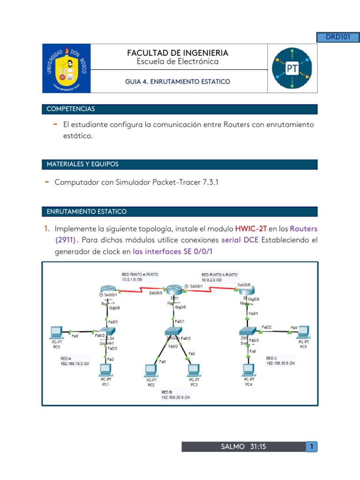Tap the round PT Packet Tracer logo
click(x=292, y=68)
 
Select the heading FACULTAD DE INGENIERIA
click(x=178, y=53)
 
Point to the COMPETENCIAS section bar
click(x=180, y=109)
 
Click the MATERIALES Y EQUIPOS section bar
click(x=180, y=165)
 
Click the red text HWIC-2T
click(x=251, y=229)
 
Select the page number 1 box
click(x=310, y=447)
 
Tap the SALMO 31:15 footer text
click(x=243, y=447)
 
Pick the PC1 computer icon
click(x=106, y=370)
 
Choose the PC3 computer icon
click(x=194, y=370)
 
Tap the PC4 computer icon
click(x=249, y=370)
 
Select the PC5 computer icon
click(x=303, y=332)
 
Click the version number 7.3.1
click(x=209, y=182)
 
